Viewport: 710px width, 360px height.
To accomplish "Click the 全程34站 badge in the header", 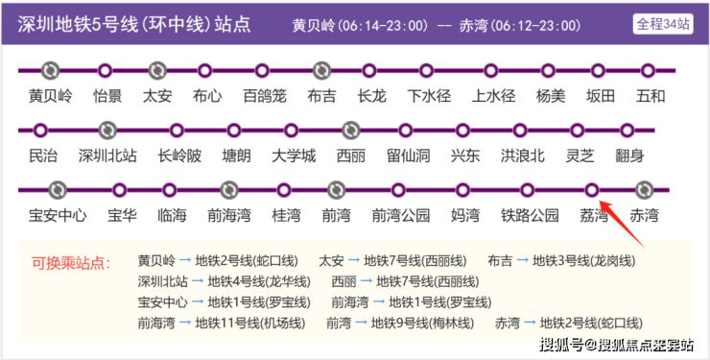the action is [x=663, y=24].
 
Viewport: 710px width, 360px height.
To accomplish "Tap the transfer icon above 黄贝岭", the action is [x=50, y=71].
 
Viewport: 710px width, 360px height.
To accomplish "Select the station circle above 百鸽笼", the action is [x=262, y=71].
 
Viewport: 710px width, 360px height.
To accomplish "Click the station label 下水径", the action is [x=429, y=96].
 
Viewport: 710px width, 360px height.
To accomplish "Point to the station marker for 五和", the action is [x=648, y=71].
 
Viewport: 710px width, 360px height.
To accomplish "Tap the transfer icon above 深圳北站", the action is [x=107, y=131].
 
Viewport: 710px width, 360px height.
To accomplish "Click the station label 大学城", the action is [x=294, y=156].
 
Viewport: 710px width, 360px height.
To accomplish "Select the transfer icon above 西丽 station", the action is [x=350, y=131].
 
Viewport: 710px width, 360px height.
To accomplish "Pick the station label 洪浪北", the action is [x=523, y=156].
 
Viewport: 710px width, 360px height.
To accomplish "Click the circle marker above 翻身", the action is [x=627, y=131].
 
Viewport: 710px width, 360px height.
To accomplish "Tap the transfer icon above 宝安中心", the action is [x=58, y=190].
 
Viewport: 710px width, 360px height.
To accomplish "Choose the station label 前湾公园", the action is [x=401, y=216].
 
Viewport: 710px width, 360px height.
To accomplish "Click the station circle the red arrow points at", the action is [x=591, y=190].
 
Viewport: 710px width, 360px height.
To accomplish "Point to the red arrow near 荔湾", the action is [x=622, y=225].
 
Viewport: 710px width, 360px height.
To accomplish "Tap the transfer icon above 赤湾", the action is [x=644, y=190].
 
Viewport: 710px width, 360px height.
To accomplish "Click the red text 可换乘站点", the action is [x=71, y=263].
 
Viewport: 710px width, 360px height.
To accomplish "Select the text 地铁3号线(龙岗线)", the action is [x=583, y=261].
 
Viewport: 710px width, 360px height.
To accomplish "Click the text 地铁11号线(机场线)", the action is [x=250, y=324].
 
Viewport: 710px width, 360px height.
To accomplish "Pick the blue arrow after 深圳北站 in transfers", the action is [x=198, y=281].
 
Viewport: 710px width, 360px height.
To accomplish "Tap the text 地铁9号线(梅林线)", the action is [x=422, y=324].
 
